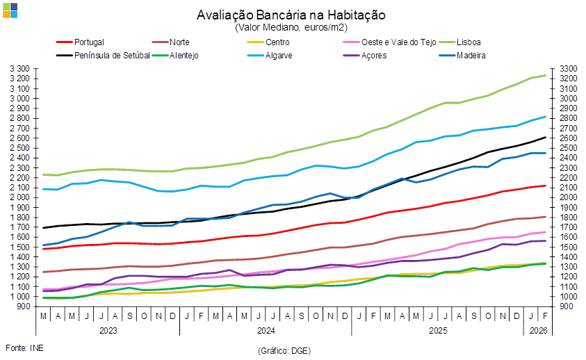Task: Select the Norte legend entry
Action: click(x=179, y=42)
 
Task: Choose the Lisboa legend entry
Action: click(x=469, y=42)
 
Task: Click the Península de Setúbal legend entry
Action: click(x=111, y=56)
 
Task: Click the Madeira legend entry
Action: click(x=471, y=56)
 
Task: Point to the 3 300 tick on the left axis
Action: click(x=21, y=69)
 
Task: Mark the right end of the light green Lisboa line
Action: click(x=546, y=75)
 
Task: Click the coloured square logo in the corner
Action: click(x=10, y=10)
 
